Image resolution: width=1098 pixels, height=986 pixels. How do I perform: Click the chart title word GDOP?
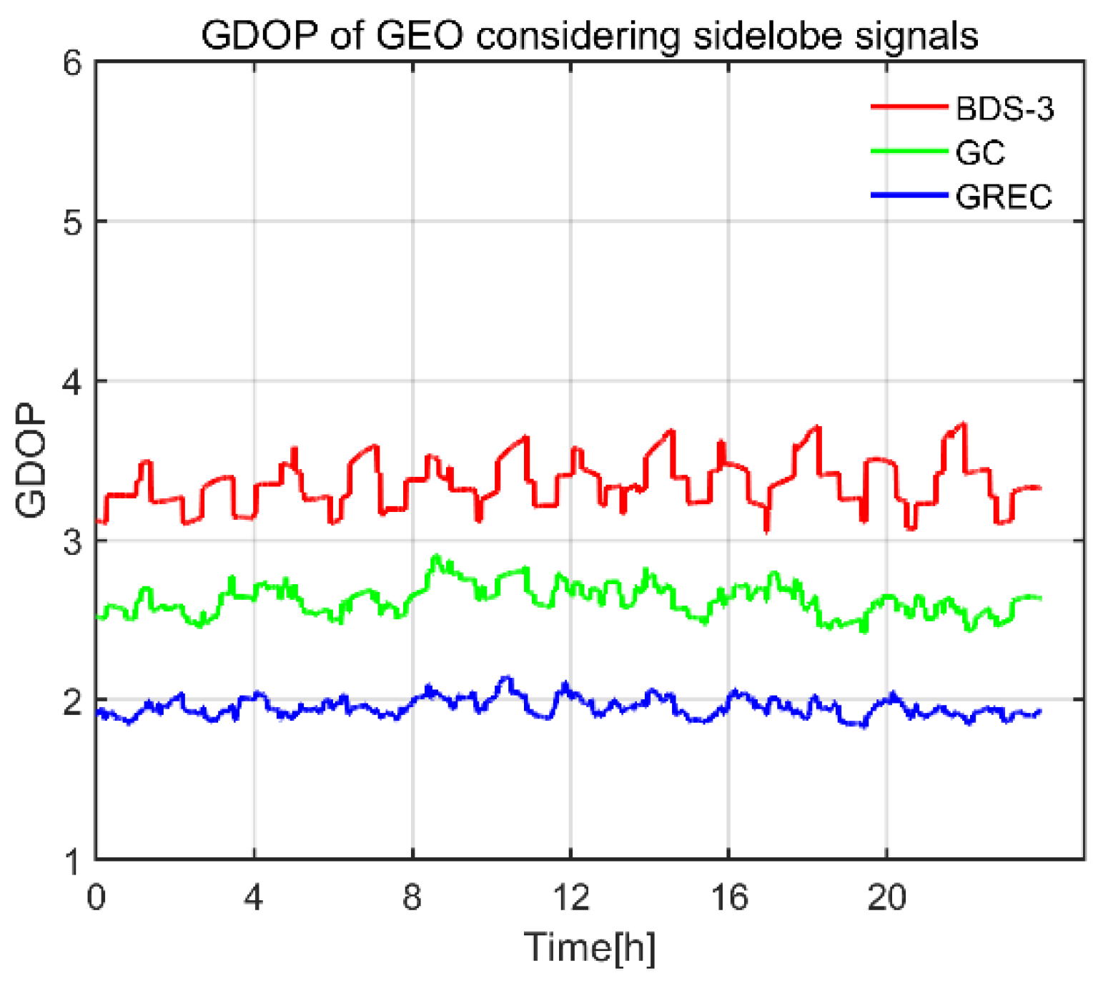tap(259, 35)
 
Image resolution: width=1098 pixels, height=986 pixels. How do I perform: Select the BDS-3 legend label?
tap(1004, 109)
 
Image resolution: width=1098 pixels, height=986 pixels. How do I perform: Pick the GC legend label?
tap(980, 152)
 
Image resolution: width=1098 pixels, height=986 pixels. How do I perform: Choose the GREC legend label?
tap(1004, 197)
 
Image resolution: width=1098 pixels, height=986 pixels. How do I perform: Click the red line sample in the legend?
tap(909, 107)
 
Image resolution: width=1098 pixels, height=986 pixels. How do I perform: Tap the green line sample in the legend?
tap(909, 151)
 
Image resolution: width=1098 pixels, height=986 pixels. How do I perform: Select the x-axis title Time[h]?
tap(590, 947)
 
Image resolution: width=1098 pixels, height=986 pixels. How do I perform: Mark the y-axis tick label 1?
tap(74, 860)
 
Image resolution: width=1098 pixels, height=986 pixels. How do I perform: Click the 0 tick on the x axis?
tap(97, 897)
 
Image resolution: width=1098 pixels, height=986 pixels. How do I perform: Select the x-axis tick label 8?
tap(412, 897)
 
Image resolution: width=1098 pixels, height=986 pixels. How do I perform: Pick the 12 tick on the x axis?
tap(571, 897)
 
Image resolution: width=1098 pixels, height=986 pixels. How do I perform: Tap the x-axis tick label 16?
tap(729, 897)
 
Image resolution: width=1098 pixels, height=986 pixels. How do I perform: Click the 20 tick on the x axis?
tap(887, 897)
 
